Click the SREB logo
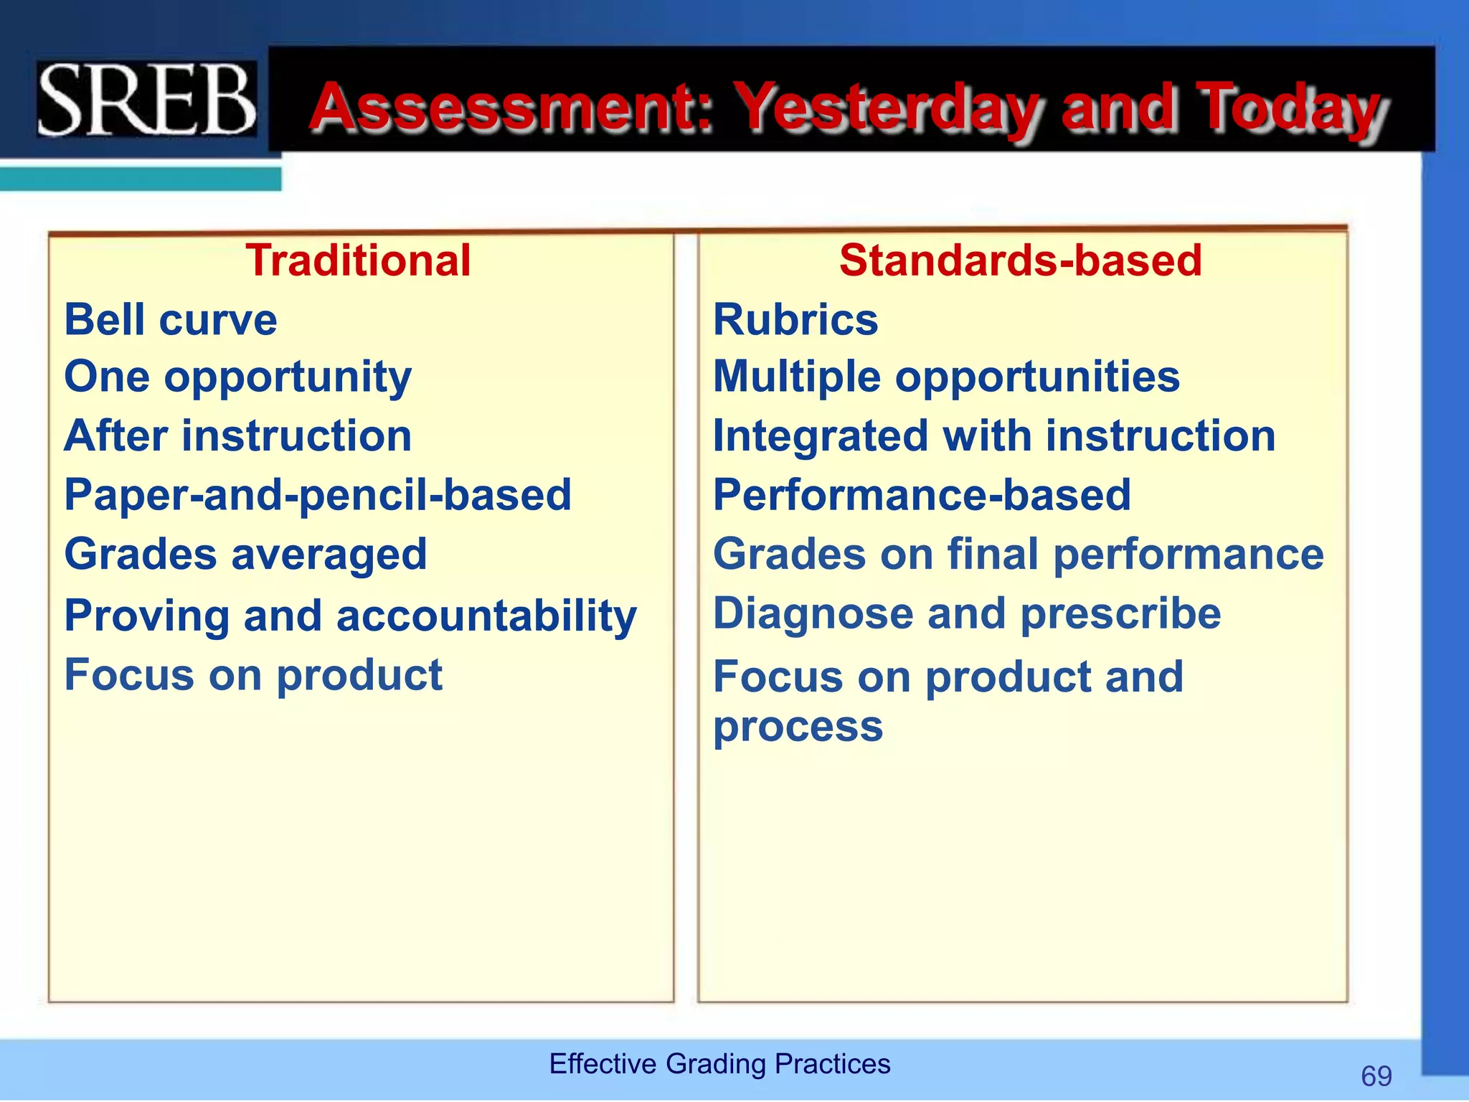pos(147,99)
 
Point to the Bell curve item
pos(171,319)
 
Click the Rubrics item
pos(795,319)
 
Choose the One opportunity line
pos(238,377)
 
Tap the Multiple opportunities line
pos(946,377)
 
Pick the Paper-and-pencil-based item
pos(318,495)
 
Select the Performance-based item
pos(922,495)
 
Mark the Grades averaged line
pos(246,555)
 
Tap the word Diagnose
pos(812,614)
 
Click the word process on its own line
pos(798,727)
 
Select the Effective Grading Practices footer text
pos(719,1063)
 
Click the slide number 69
pos(1376,1076)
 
